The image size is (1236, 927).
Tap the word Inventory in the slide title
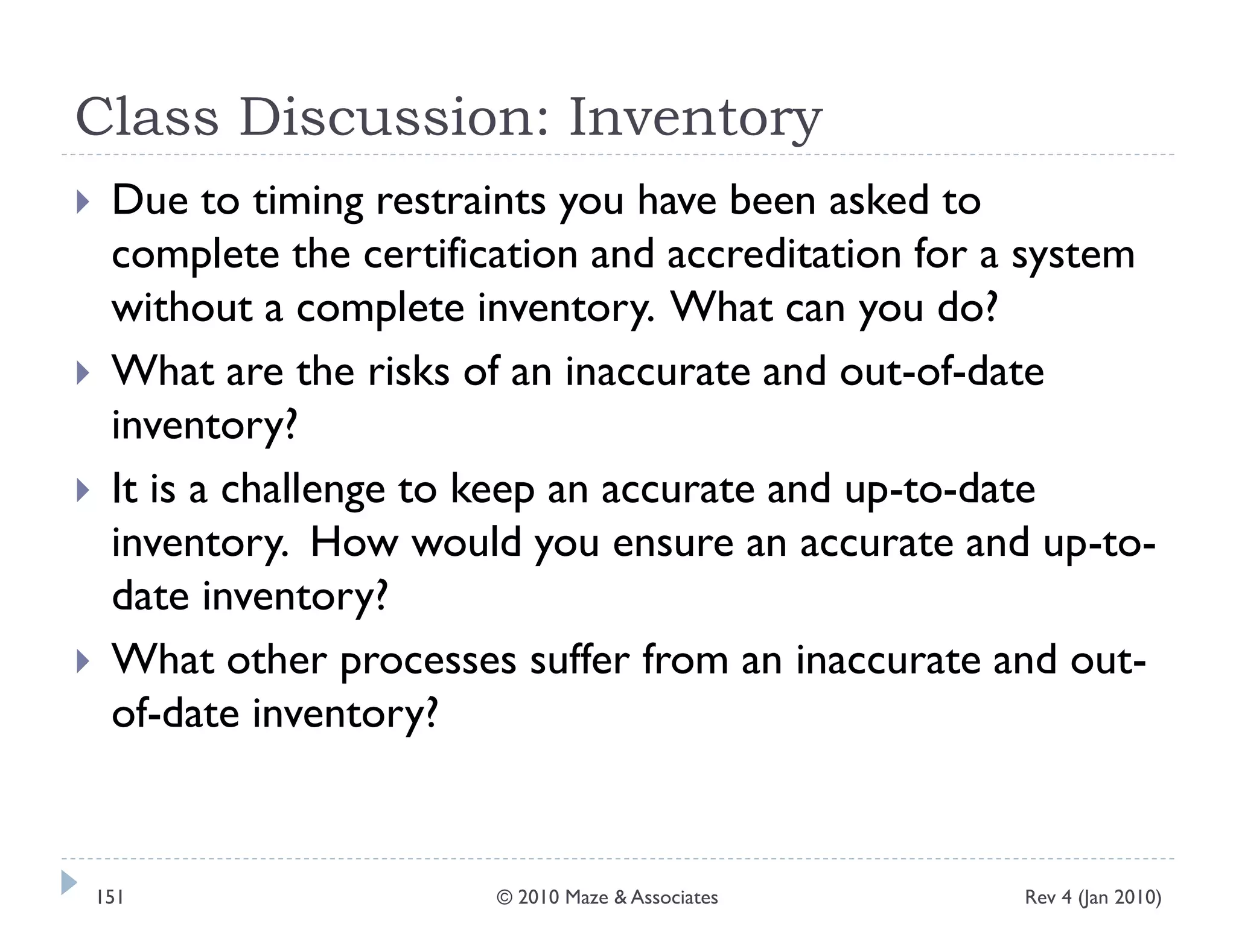click(x=695, y=118)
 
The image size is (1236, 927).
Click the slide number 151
click(x=110, y=897)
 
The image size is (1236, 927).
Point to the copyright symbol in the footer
click(x=505, y=897)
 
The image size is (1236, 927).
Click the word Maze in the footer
click(x=587, y=897)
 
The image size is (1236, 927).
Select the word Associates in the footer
click(x=674, y=897)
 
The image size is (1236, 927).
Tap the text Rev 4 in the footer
click(x=1048, y=897)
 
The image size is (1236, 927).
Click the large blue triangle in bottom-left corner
click(x=69, y=882)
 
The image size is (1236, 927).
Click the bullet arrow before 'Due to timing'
click(x=83, y=202)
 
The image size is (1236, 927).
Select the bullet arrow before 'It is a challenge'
click(x=83, y=490)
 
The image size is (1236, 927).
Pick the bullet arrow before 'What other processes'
click(x=83, y=661)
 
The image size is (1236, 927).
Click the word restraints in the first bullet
click(x=460, y=200)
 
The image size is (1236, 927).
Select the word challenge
click(x=303, y=490)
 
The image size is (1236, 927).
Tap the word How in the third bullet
click(x=354, y=543)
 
